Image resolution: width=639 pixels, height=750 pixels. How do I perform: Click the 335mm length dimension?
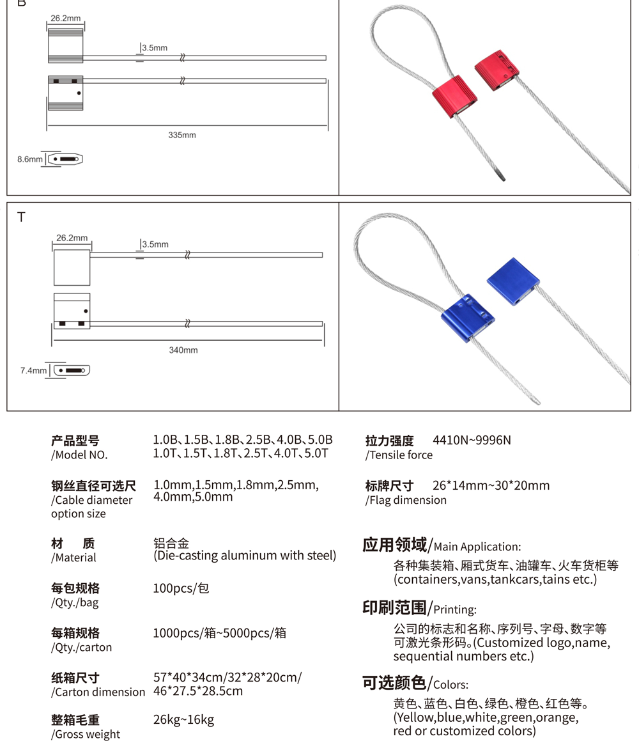pyautogui.click(x=182, y=135)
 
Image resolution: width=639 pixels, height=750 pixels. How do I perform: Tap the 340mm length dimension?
pyautogui.click(x=183, y=350)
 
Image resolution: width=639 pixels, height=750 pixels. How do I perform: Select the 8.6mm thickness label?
pyautogui.click(x=29, y=159)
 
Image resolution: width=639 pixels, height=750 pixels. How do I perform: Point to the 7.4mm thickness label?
pyautogui.click(x=33, y=370)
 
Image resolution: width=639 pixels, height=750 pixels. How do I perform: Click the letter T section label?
pyautogui.click(x=21, y=217)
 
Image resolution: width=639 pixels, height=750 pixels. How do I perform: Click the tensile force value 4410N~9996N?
pyautogui.click(x=472, y=441)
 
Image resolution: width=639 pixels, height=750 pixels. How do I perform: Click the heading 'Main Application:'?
pyautogui.click(x=477, y=547)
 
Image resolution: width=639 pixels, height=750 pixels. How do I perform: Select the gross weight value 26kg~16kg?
pyautogui.click(x=183, y=720)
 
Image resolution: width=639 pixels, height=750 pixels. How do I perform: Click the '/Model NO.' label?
pyautogui.click(x=79, y=455)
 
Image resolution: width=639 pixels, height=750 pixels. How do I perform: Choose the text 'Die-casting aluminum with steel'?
pyautogui.click(x=245, y=556)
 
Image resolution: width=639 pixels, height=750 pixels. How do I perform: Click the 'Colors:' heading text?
pyautogui.click(x=450, y=685)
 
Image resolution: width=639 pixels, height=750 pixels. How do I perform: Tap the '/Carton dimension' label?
pyautogui.click(x=98, y=692)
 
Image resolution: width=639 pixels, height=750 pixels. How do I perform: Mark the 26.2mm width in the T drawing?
pyautogui.click(x=72, y=238)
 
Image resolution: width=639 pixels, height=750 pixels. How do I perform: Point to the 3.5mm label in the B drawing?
pyautogui.click(x=155, y=48)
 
